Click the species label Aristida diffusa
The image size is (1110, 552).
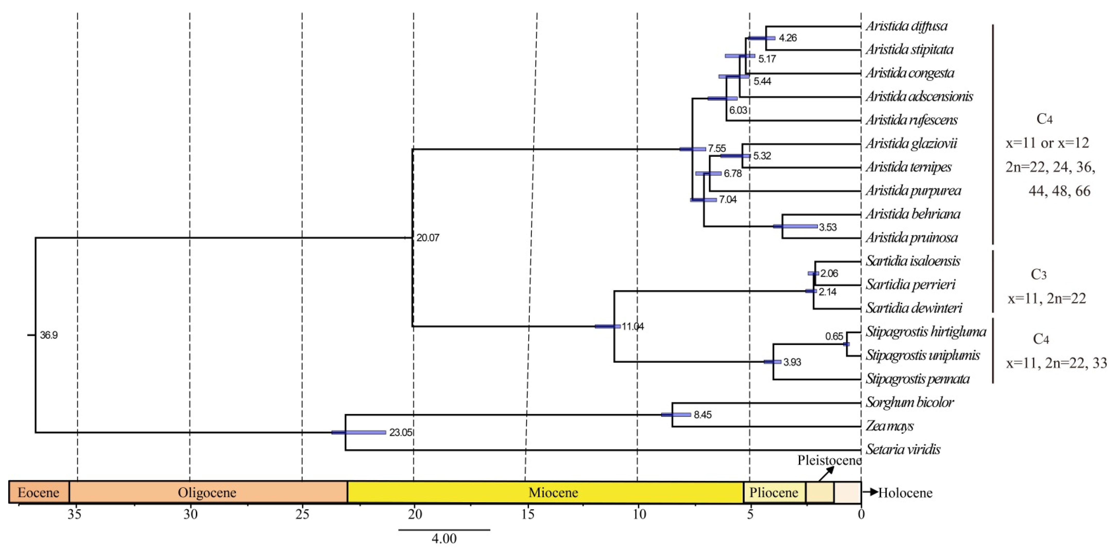(x=907, y=26)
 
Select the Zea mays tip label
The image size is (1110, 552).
(x=889, y=426)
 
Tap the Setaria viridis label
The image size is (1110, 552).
(x=903, y=449)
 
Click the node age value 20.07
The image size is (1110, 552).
(x=428, y=238)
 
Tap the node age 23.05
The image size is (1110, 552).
(x=400, y=432)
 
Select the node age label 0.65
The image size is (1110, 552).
(x=834, y=336)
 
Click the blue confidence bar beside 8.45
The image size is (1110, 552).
(x=676, y=415)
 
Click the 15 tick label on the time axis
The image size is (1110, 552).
(x=528, y=514)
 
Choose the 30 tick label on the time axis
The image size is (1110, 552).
(x=191, y=514)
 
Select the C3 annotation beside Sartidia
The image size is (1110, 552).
(x=1038, y=274)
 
